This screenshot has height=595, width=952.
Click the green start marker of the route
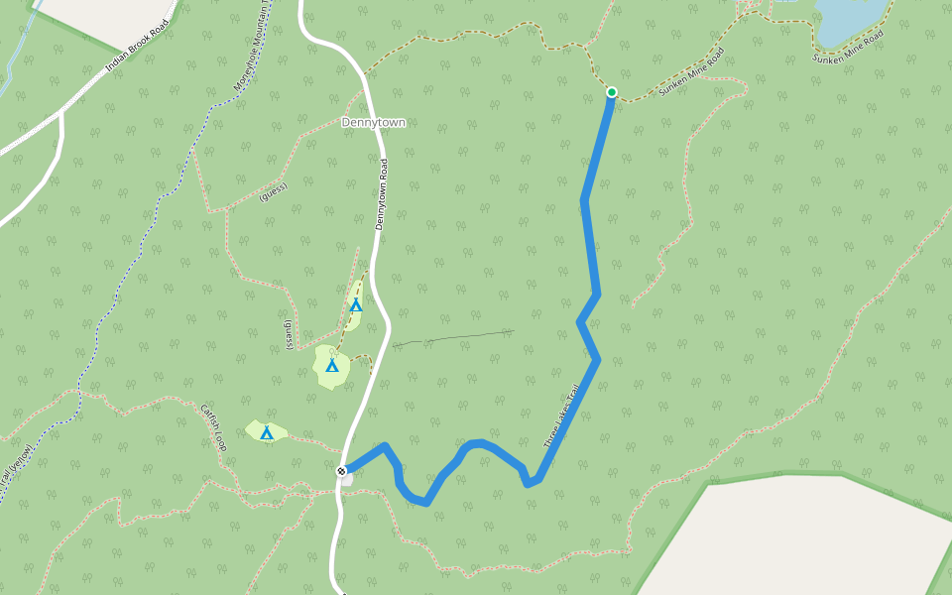click(x=612, y=92)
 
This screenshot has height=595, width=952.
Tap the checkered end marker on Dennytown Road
click(x=341, y=471)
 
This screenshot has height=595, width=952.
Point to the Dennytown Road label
click(x=381, y=194)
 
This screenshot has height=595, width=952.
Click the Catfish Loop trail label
click(x=214, y=427)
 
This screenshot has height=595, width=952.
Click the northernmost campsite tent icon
click(x=356, y=304)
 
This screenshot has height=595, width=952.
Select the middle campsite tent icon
click(x=332, y=366)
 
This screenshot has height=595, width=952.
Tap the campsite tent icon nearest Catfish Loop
click(x=266, y=432)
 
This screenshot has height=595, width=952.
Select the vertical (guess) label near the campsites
click(x=289, y=334)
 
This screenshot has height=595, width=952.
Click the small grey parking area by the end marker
click(x=347, y=480)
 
